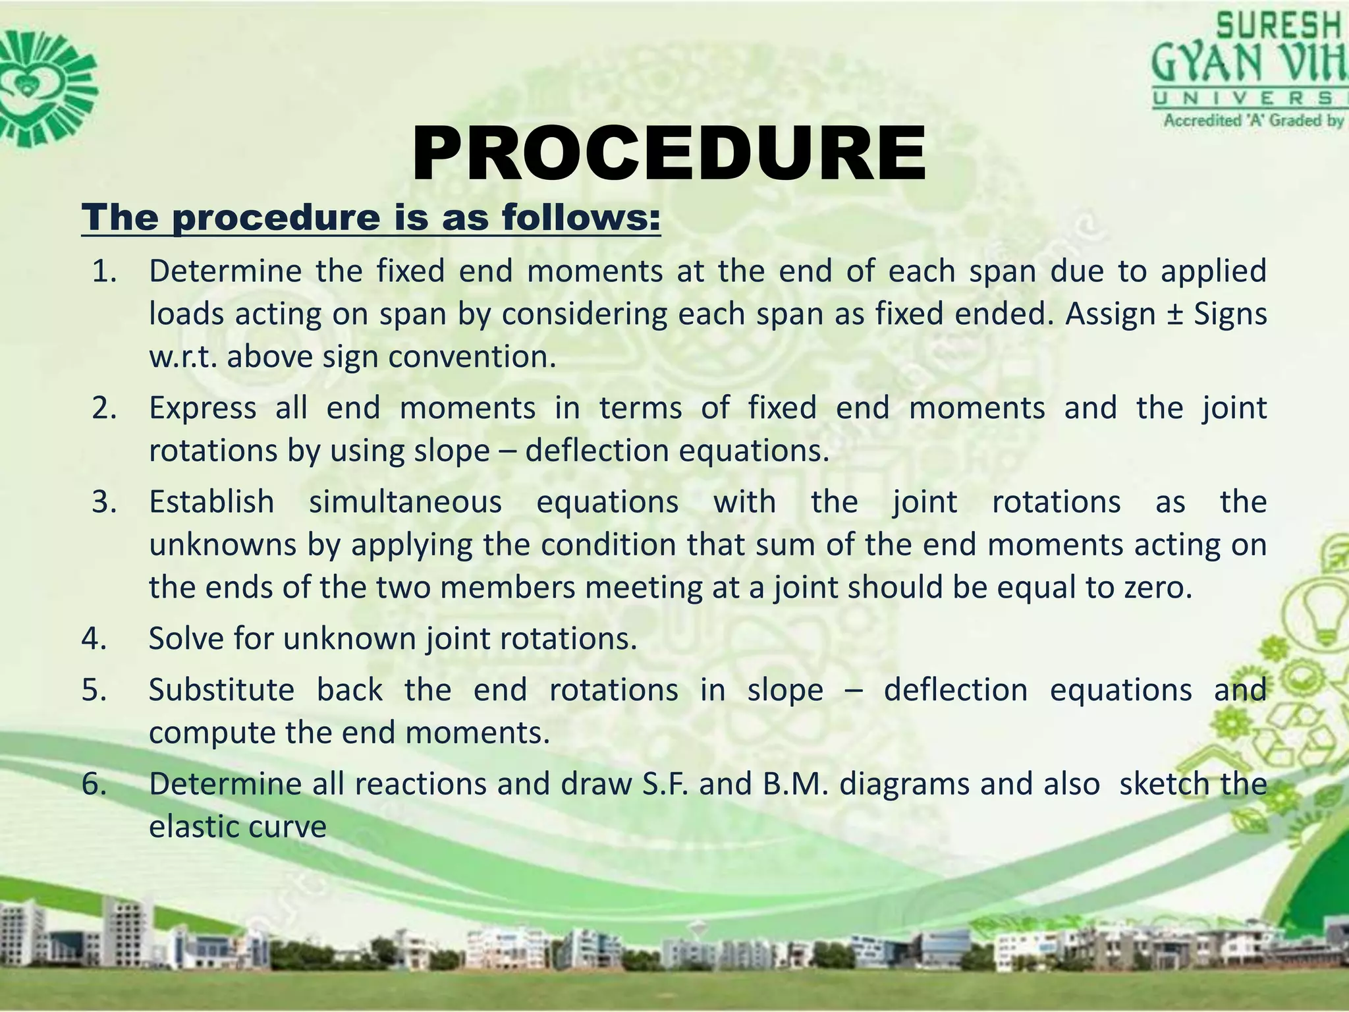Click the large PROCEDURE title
669,155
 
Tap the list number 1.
104,271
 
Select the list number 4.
94,638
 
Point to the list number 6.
94,784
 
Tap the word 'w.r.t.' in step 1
182,357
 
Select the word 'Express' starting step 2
202,408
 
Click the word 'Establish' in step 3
211,502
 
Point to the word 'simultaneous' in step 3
405,502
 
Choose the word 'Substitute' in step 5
221,690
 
